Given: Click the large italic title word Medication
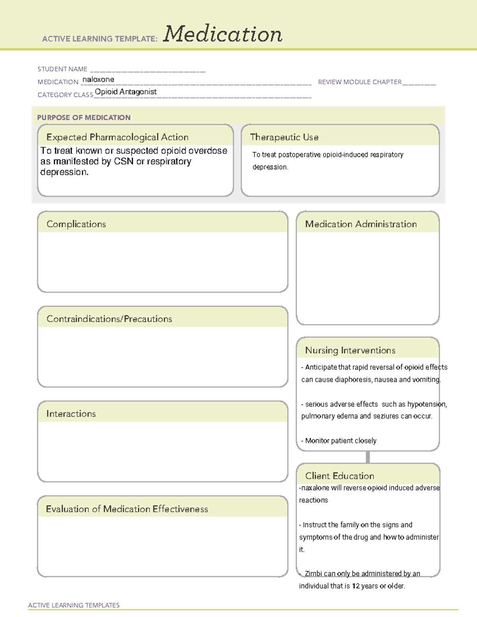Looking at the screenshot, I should (x=223, y=34).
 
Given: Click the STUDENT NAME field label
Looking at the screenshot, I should (x=62, y=69).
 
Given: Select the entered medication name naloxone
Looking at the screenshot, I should (x=98, y=79).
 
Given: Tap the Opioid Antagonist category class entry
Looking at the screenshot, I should (x=126, y=92).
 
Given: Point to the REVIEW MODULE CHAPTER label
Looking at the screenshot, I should (x=360, y=82).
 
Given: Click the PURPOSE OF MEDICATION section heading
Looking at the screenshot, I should (x=84, y=118).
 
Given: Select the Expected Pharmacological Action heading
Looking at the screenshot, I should (x=117, y=137).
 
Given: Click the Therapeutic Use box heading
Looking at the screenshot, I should (x=284, y=137).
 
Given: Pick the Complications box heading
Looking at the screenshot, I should (x=76, y=224).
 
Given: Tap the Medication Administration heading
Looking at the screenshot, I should (x=361, y=224).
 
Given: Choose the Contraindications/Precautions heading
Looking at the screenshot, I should (x=109, y=319).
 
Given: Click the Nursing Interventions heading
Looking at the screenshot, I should (x=350, y=350).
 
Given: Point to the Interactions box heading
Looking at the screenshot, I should (x=71, y=414).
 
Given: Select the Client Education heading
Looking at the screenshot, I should (x=340, y=476).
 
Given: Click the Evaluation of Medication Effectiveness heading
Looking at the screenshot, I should (x=127, y=509).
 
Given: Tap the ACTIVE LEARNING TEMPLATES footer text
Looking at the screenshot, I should (x=74, y=605).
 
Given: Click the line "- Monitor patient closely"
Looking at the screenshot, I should (x=339, y=441).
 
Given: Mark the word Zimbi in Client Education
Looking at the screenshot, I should (x=313, y=574).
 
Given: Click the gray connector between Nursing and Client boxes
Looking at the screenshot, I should (x=368, y=457).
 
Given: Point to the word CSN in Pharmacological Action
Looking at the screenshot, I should (x=124, y=162).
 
